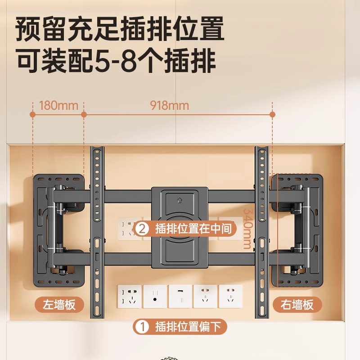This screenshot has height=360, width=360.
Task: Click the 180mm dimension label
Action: click(58, 106)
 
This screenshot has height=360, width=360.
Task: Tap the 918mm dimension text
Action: click(170, 106)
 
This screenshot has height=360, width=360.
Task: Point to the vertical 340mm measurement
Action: click(247, 229)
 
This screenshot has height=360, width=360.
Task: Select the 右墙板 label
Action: click(295, 305)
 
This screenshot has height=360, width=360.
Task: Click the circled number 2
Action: click(142, 229)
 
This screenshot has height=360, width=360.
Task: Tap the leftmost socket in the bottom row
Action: click(130, 296)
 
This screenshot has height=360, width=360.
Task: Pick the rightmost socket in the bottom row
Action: click(230, 296)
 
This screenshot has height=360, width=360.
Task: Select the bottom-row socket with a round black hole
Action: click(155, 296)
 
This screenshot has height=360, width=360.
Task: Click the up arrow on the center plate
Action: click(180, 197)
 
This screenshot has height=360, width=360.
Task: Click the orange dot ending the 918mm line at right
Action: click(273, 115)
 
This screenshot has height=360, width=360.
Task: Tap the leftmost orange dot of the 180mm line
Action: click(33, 115)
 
